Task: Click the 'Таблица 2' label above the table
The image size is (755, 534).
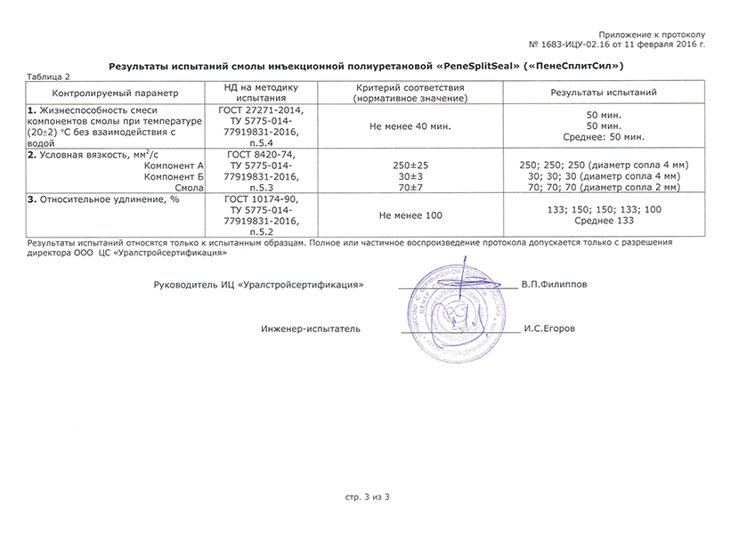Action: click(48, 77)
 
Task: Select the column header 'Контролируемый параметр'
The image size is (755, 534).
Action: click(115, 93)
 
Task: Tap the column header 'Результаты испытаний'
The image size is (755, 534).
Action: click(604, 93)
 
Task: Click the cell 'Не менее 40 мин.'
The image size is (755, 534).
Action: click(410, 126)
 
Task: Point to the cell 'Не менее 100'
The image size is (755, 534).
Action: click(410, 215)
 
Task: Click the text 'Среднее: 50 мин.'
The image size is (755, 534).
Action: click(604, 137)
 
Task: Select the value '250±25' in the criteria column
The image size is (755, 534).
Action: click(410, 166)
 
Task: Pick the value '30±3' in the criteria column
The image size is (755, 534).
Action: click(410, 176)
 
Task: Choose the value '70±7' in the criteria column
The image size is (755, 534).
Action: click(410, 187)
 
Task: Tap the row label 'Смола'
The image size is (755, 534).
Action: click(191, 187)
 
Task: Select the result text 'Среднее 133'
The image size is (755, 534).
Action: click(604, 221)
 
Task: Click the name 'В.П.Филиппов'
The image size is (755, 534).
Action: click(554, 285)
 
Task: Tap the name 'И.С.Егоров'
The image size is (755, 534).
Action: click(549, 328)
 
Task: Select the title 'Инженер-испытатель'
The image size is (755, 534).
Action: click(311, 329)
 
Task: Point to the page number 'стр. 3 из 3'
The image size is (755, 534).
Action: click(368, 495)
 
